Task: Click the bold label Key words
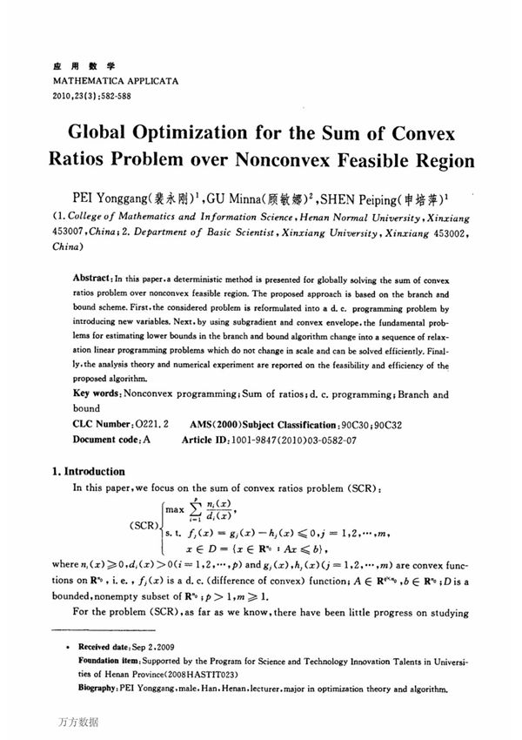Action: [97, 394]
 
